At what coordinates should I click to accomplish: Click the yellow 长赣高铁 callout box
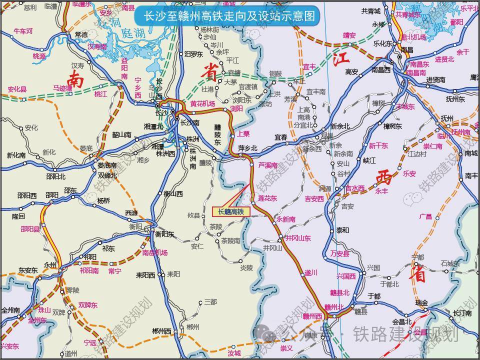(x=230, y=212)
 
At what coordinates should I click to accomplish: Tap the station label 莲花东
(x=267, y=198)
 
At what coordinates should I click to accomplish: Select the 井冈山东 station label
(x=297, y=238)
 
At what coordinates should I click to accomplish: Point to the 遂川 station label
(x=311, y=272)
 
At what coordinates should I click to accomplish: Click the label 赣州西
(x=312, y=316)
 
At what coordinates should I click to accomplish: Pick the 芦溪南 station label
(x=268, y=165)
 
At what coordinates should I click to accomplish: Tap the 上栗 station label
(x=243, y=134)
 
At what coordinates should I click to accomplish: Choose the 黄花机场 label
(x=202, y=103)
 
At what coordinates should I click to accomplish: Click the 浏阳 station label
(x=236, y=108)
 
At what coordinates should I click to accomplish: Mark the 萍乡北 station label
(x=247, y=148)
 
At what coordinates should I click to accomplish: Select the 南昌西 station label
(x=380, y=70)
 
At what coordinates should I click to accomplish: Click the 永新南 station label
(x=285, y=219)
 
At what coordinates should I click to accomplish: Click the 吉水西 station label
(x=355, y=188)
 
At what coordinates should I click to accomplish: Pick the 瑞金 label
(x=421, y=303)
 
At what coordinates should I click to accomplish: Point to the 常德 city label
(x=81, y=34)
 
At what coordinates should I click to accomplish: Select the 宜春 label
(x=281, y=136)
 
